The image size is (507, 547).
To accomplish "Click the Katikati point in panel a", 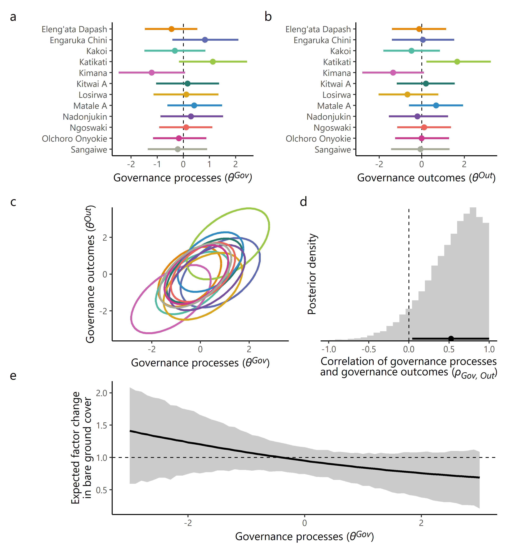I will point(213,62).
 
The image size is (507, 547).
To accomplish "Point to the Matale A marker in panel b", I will point(436,106).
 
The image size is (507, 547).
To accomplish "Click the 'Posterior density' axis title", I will point(312,274).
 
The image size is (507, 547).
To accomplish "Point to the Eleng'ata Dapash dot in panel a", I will point(171,29).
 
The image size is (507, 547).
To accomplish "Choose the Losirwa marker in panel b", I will point(407,95).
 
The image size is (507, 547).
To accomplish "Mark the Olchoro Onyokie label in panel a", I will point(74,139).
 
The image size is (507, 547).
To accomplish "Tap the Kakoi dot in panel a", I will point(175,51).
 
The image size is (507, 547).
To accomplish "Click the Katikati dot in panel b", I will point(457,62).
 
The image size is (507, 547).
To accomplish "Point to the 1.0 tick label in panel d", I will point(489,349).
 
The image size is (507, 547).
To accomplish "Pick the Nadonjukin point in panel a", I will point(191,116).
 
